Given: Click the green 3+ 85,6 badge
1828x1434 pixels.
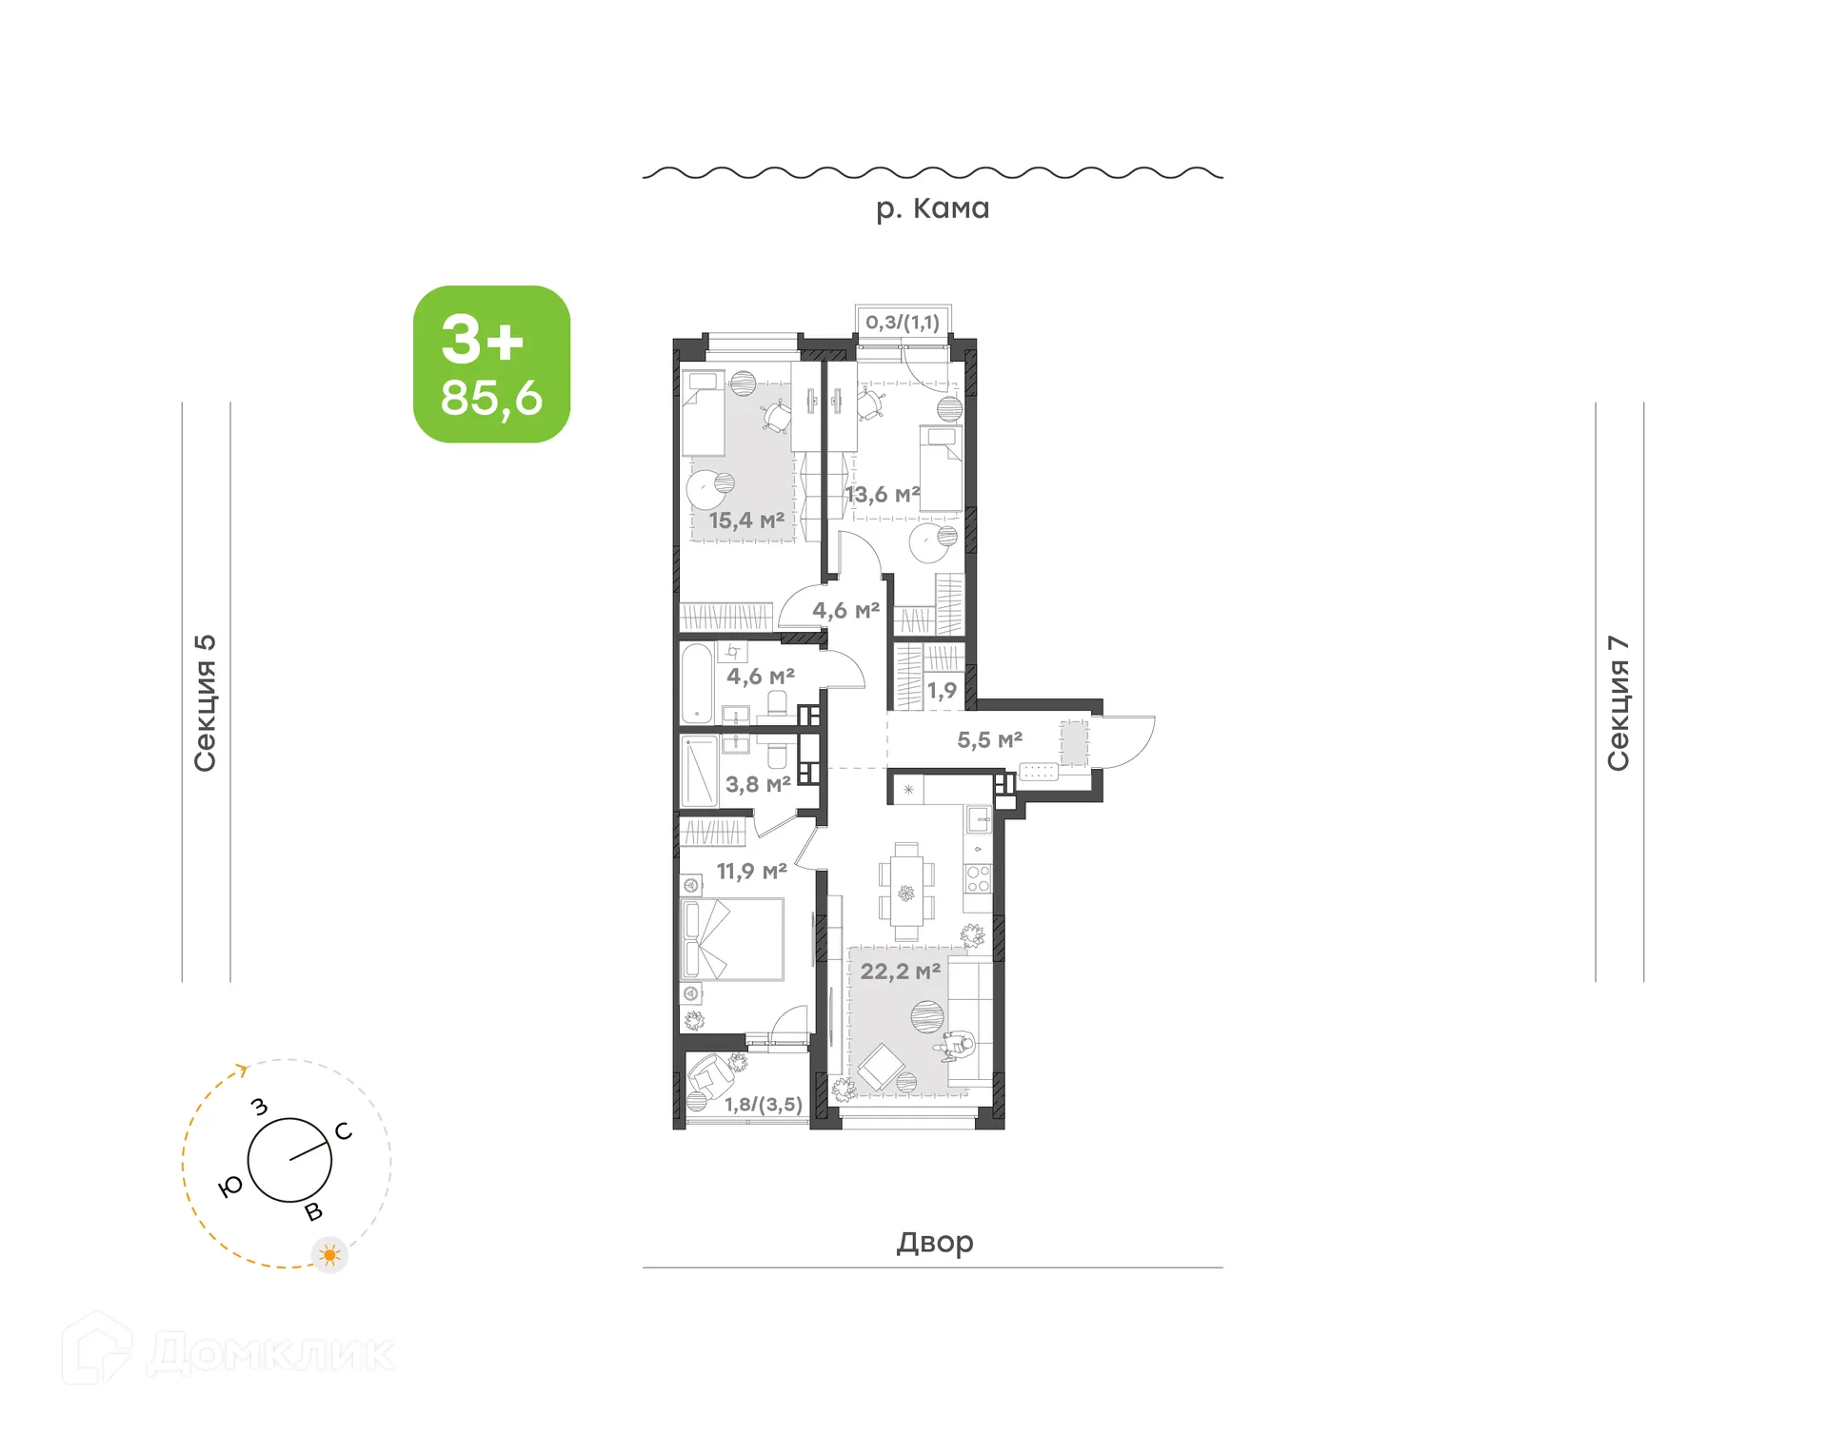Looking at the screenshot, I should (x=491, y=364).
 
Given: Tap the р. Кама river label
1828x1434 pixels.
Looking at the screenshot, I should (x=932, y=208).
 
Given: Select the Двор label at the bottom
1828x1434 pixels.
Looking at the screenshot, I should (x=934, y=1242).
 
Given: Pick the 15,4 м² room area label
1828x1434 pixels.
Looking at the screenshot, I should (x=746, y=521).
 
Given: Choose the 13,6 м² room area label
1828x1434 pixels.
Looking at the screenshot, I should (x=883, y=495).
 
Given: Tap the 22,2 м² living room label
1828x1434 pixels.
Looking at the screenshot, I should (x=900, y=972).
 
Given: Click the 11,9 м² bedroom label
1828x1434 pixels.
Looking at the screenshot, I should (x=751, y=871).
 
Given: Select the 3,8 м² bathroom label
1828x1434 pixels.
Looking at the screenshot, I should (x=758, y=784).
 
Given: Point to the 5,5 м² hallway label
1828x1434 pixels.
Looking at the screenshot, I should (x=989, y=739).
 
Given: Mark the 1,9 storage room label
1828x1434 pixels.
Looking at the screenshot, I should (x=942, y=691).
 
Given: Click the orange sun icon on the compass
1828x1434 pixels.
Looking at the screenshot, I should (x=330, y=1255).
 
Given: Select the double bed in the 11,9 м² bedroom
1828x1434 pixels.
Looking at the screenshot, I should (x=732, y=939).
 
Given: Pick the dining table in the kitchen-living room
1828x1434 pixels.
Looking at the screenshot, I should (x=906, y=892).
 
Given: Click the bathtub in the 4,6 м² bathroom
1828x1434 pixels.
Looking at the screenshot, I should (x=697, y=684).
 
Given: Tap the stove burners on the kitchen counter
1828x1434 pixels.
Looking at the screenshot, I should (x=978, y=878).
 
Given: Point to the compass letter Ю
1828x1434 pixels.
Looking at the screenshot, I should (x=230, y=1187).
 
